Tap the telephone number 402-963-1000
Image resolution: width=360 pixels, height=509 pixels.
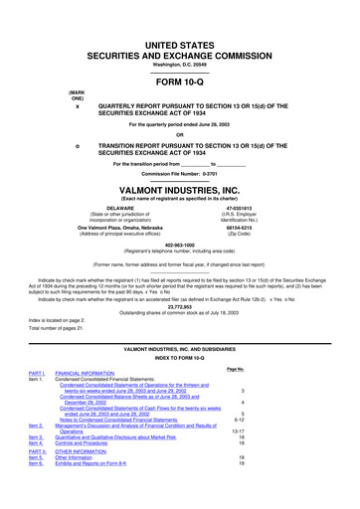[x=179, y=246]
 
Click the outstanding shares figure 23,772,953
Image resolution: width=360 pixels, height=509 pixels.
[x=179, y=307]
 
